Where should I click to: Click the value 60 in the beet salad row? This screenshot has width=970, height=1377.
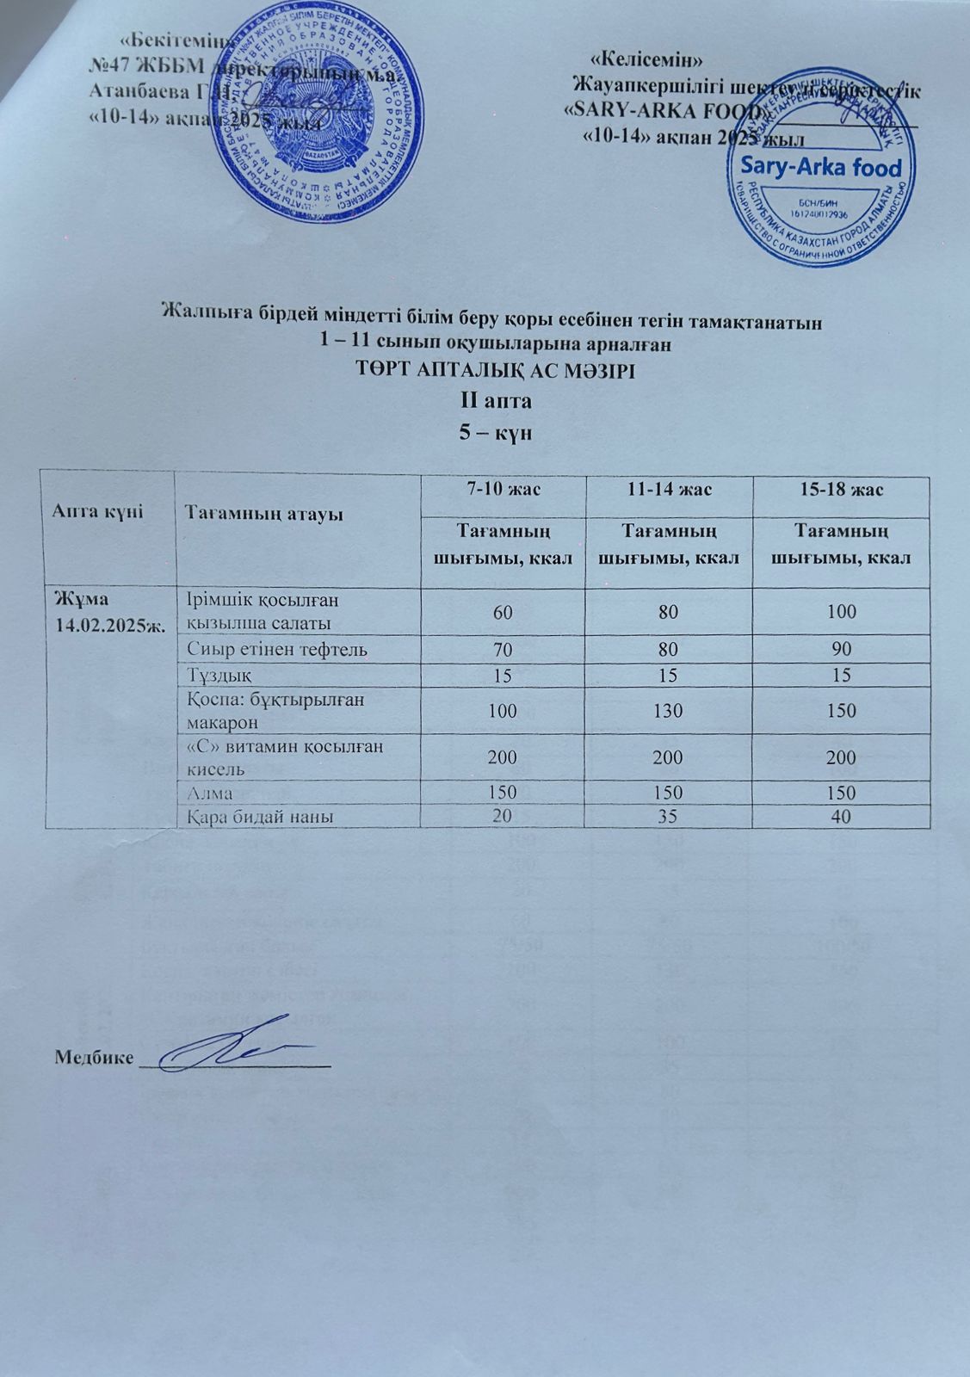point(502,612)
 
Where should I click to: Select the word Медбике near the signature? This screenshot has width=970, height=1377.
point(94,1057)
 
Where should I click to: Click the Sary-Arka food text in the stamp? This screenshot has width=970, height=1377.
point(814,168)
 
